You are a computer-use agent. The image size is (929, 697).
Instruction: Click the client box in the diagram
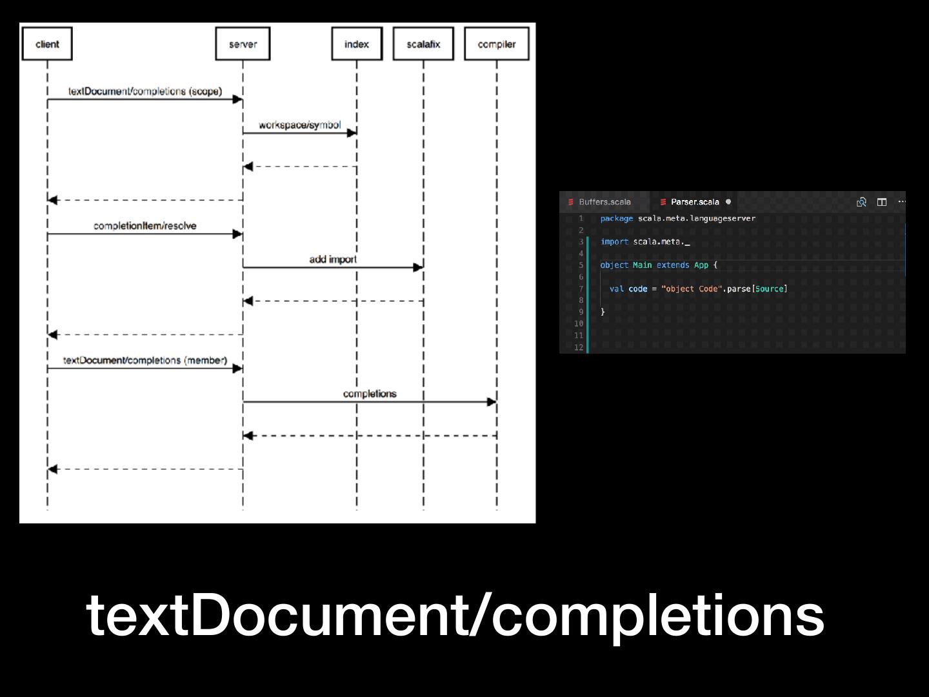click(47, 44)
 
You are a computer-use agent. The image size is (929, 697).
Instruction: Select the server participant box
click(243, 44)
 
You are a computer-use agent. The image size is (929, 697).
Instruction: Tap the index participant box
click(357, 44)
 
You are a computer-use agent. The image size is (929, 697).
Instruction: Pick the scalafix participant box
click(423, 44)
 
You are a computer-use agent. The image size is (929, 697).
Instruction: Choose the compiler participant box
click(496, 44)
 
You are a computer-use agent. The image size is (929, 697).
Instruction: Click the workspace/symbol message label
click(299, 125)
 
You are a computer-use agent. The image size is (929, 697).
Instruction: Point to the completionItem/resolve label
click(145, 226)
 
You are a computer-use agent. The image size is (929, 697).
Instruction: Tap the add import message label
click(333, 259)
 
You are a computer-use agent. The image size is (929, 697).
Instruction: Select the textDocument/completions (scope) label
click(145, 91)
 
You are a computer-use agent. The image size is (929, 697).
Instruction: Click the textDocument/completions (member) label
click(145, 360)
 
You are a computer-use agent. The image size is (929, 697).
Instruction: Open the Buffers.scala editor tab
click(604, 202)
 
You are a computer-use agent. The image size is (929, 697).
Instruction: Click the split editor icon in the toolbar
click(882, 202)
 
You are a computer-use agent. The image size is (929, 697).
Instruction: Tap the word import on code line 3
click(614, 242)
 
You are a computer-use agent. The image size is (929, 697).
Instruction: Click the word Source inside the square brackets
click(770, 288)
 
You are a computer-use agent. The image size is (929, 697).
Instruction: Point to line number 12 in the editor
click(579, 347)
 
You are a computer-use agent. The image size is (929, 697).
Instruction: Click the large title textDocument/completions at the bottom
click(455, 614)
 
